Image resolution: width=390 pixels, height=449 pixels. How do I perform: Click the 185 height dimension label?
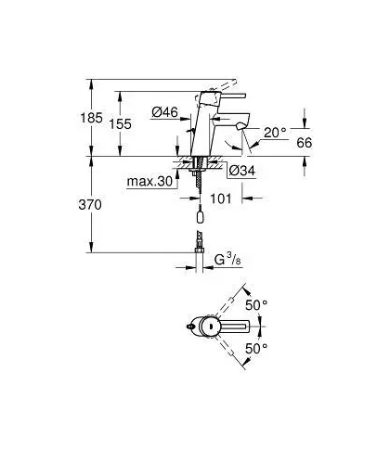pyautogui.click(x=91, y=118)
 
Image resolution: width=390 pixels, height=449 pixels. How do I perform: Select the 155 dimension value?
pyautogui.click(x=121, y=124)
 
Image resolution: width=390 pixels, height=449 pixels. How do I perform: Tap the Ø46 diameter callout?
pyautogui.click(x=165, y=112)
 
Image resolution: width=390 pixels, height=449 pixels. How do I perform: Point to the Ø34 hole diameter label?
pyautogui.click(x=242, y=170)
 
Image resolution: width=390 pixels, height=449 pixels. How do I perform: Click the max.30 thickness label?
pyautogui.click(x=149, y=181)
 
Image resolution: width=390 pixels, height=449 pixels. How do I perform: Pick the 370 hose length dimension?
pyautogui.click(x=90, y=205)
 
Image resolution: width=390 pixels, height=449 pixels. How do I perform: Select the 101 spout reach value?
pyautogui.click(x=221, y=199)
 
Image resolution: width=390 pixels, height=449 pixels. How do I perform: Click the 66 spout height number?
pyautogui.click(x=304, y=143)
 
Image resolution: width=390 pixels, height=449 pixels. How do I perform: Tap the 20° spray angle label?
pyautogui.click(x=275, y=133)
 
